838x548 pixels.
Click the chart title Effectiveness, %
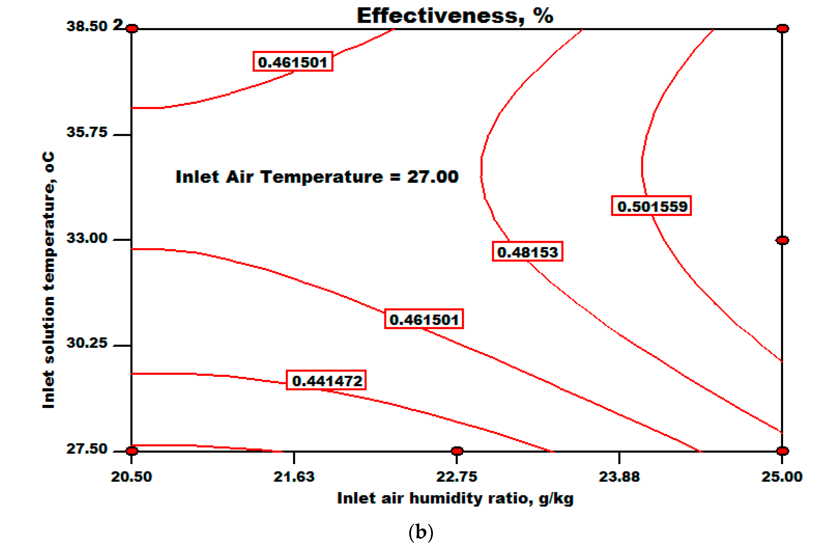pos(455,16)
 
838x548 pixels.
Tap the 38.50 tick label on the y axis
pos(87,26)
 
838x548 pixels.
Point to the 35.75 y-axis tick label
pos(87,132)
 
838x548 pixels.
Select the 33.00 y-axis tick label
pos(87,238)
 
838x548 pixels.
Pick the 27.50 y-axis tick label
pos(87,449)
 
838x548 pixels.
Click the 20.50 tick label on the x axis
pos(131,477)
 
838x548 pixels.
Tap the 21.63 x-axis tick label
pos(294,477)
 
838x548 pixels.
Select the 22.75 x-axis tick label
pos(457,477)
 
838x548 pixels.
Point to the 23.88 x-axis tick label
pos(619,477)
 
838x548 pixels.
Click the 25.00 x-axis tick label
pos(782,477)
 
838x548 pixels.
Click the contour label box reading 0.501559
pos(651,206)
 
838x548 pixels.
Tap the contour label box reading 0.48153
pos(527,252)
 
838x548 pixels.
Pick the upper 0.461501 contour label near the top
pos(293,62)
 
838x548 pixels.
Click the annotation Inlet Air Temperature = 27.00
pos(317,177)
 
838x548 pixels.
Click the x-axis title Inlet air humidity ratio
pos(455,498)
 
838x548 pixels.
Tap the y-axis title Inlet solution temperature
pos(48,280)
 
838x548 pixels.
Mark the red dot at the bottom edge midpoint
pos(457,451)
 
